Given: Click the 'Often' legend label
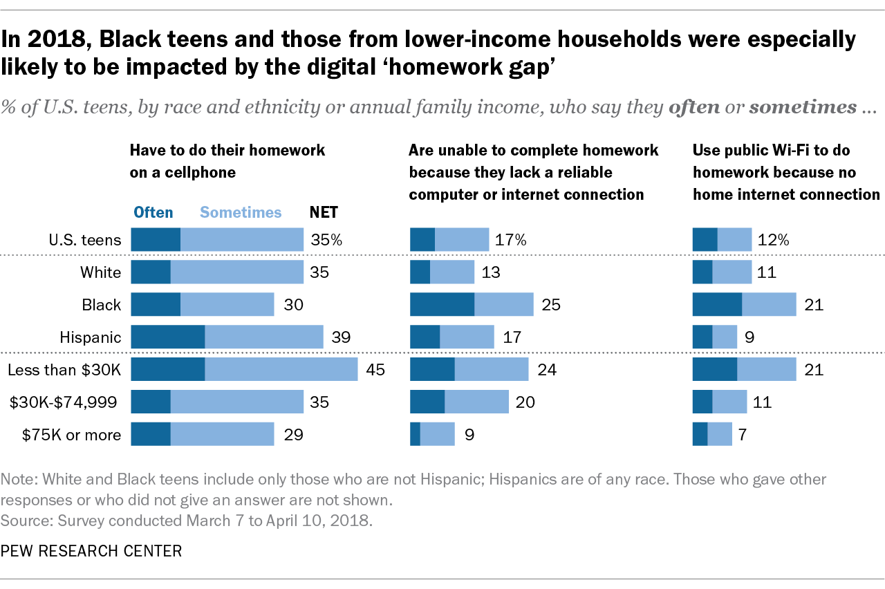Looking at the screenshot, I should click(153, 212).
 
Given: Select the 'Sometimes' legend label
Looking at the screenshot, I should click(240, 212).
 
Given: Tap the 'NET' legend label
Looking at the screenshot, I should click(324, 212).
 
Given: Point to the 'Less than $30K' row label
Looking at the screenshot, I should click(64, 370).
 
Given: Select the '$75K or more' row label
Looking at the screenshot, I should click(71, 435).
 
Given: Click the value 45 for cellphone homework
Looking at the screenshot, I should click(375, 370).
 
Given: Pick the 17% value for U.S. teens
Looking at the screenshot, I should click(510, 240).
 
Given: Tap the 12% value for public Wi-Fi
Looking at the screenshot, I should click(773, 240).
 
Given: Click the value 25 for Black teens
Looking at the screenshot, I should click(550, 305).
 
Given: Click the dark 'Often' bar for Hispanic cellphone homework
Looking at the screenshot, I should click(167, 337).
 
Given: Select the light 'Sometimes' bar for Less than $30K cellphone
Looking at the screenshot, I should click(281, 370).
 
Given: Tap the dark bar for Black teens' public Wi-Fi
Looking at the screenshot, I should click(717, 305).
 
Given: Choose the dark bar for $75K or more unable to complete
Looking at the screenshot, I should click(415, 435).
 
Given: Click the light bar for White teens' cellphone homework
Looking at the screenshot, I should click(236, 272).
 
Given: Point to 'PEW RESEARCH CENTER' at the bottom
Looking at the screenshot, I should click(91, 551).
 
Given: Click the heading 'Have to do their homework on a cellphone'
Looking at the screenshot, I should click(227, 160).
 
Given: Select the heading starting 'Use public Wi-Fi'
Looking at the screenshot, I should click(786, 172).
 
